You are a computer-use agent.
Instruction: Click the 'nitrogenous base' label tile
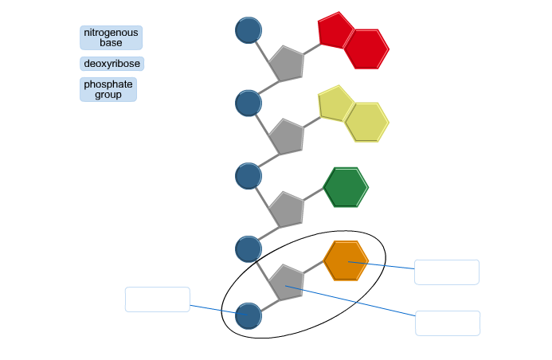tap(112, 37)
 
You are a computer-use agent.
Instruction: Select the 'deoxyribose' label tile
tap(112, 64)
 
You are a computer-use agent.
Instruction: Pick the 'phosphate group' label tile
tap(108, 89)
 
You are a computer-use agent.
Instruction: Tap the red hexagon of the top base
tap(366, 49)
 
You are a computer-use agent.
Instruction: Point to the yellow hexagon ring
tap(366, 122)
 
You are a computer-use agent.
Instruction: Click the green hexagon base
tap(346, 187)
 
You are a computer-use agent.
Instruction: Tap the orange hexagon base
tap(346, 260)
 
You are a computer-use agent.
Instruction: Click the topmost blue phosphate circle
tap(249, 30)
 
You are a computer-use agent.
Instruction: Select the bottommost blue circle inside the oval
tap(249, 315)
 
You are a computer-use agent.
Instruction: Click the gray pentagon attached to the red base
tap(287, 64)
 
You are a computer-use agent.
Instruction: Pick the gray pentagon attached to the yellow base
tap(287, 137)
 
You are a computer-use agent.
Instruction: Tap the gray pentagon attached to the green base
tap(287, 209)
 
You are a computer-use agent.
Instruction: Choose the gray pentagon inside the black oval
tap(287, 283)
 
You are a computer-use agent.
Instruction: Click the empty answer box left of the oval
tap(158, 299)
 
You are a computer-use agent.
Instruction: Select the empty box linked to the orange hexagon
tap(447, 272)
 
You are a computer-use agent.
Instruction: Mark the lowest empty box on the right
tap(448, 323)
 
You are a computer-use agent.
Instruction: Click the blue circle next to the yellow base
tap(249, 103)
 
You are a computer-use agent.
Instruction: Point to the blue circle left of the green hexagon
tap(249, 175)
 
